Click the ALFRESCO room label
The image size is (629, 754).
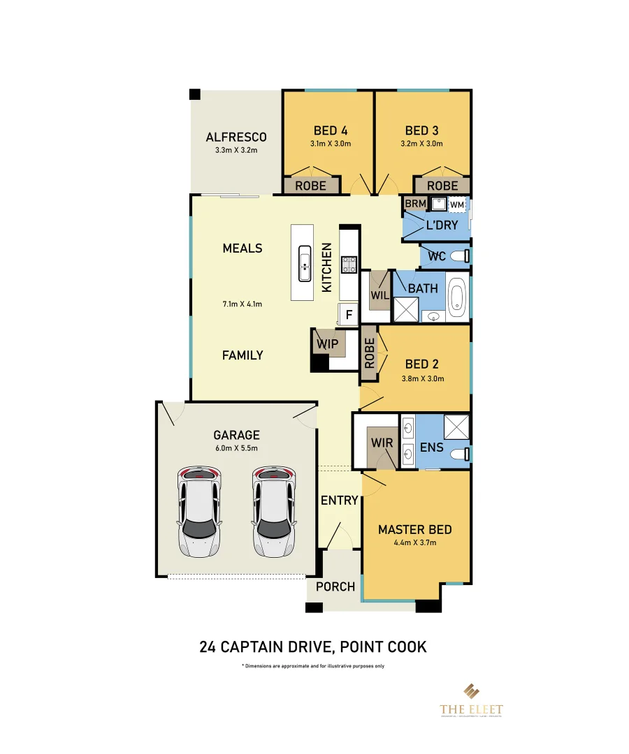(236, 137)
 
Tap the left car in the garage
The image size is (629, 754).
(199, 511)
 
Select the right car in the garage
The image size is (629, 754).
(273, 511)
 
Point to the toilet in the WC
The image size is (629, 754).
(460, 256)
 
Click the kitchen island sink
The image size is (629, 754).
(305, 264)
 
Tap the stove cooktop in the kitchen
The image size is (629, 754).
(349, 265)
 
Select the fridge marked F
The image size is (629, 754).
(348, 315)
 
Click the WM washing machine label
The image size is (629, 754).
(456, 205)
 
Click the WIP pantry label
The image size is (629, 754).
(327, 344)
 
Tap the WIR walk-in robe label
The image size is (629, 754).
(382, 443)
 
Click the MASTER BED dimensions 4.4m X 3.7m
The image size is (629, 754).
(414, 543)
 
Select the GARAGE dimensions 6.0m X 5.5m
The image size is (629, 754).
(236, 448)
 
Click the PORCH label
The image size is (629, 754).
(335, 586)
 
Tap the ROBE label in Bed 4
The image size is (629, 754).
(311, 186)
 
